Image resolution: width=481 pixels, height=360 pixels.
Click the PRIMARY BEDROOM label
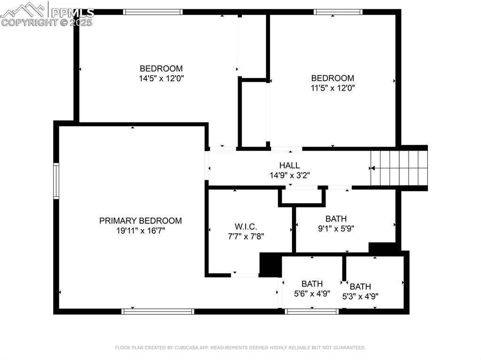[140, 221]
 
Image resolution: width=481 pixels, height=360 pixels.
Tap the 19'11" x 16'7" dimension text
[140, 231]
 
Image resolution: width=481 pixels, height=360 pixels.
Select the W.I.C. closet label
[246, 227]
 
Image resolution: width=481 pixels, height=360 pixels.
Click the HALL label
[289, 165]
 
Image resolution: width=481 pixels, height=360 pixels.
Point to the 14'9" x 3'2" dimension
[289, 175]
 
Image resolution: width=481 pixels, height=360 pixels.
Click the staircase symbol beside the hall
[399, 168]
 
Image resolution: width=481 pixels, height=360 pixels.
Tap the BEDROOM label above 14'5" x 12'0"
[161, 69]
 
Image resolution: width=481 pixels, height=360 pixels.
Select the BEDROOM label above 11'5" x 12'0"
[333, 78]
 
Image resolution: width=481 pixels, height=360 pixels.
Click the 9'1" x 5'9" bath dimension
[336, 229]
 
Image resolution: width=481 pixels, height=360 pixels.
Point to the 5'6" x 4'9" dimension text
[312, 294]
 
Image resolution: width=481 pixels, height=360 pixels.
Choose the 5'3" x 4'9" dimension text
[360, 296]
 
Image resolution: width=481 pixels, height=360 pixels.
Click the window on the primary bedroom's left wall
[56, 181]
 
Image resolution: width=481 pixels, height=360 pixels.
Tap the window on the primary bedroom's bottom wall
[158, 311]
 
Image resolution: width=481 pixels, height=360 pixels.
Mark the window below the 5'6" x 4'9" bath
[312, 311]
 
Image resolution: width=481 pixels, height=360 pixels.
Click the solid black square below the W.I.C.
[270, 265]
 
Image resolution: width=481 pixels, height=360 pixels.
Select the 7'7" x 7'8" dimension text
[246, 237]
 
